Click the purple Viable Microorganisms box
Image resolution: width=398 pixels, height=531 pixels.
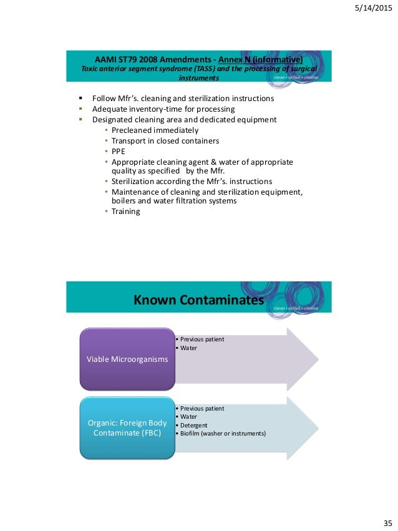click(127, 360)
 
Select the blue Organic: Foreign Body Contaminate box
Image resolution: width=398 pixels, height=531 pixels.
click(127, 427)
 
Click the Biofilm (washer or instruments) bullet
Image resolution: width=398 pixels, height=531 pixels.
click(223, 433)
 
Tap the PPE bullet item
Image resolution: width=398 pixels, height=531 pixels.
click(118, 150)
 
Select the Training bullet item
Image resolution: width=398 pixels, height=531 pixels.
click(125, 212)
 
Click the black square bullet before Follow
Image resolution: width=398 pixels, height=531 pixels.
click(80, 99)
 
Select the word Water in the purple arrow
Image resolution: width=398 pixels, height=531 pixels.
click(188, 348)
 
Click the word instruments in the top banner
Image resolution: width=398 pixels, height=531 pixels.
click(198, 79)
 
